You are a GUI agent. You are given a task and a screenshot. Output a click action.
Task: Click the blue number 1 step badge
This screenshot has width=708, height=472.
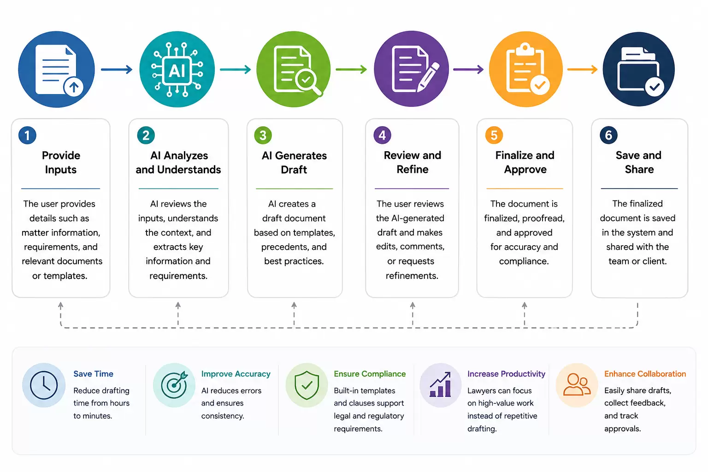click(27, 136)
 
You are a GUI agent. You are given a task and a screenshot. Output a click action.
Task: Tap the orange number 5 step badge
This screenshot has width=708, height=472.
click(494, 136)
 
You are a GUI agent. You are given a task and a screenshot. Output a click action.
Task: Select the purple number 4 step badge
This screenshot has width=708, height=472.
click(382, 136)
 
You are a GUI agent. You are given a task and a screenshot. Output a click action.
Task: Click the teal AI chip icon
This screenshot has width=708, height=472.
click(177, 69)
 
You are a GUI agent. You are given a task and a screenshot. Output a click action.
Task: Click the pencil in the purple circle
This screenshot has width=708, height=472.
click(428, 77)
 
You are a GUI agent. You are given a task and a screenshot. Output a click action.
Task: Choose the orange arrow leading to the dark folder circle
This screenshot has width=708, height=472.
click(582, 69)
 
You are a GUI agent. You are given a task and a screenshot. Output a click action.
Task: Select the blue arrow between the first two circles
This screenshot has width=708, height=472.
click(117, 69)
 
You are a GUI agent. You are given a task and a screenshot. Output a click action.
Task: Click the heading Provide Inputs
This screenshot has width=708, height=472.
click(61, 162)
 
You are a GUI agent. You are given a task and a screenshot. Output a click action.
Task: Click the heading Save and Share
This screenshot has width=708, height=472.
click(639, 162)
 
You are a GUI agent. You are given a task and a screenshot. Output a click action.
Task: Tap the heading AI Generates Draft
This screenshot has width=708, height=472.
click(294, 162)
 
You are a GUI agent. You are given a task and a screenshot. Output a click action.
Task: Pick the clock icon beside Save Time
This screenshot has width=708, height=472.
click(44, 385)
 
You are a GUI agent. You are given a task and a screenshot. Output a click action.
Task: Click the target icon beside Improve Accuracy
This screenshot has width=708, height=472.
click(174, 385)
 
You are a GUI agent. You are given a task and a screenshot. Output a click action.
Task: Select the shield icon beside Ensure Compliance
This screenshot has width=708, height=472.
click(307, 385)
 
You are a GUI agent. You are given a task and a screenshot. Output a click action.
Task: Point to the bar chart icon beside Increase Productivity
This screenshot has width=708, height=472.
click(440, 384)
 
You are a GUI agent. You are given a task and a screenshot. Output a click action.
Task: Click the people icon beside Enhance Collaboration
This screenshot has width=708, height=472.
click(577, 384)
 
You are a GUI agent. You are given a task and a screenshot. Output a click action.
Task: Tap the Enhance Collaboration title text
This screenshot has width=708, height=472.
click(645, 374)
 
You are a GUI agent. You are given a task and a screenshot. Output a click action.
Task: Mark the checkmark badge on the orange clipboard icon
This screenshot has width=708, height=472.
click(540, 85)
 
